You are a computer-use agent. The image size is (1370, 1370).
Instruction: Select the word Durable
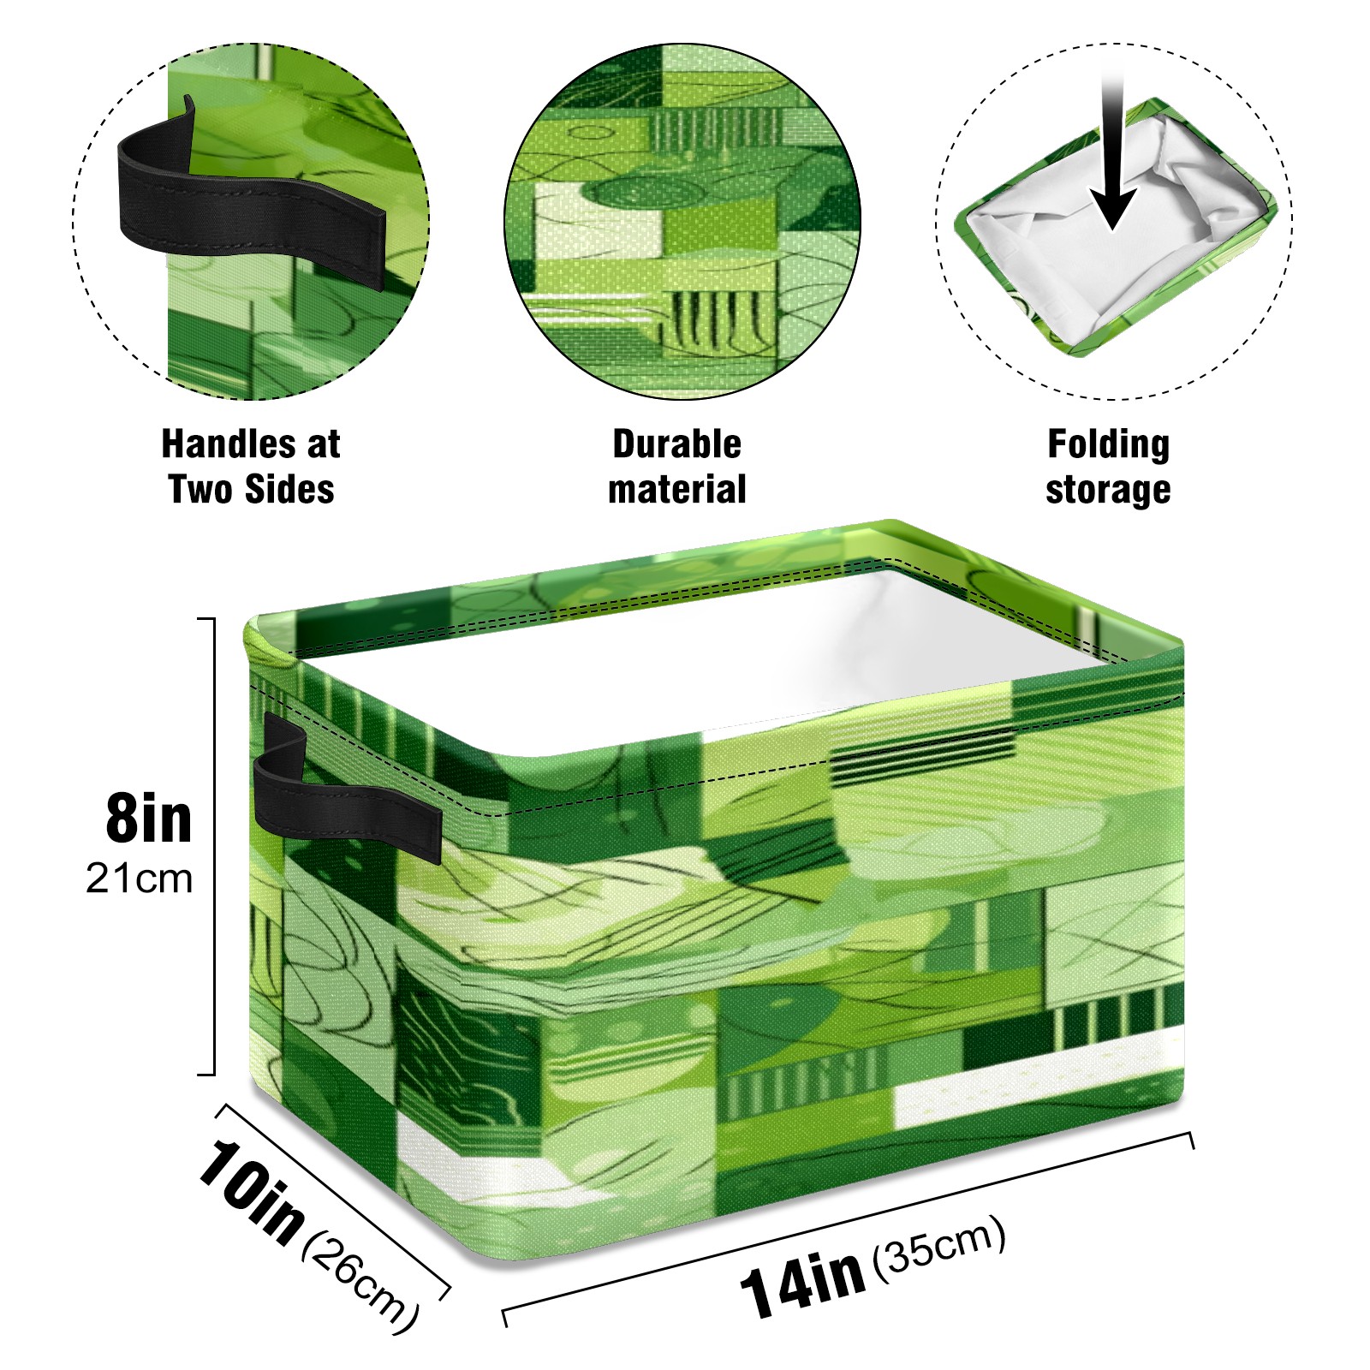point(676,444)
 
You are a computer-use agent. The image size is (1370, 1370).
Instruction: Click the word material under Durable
point(676,489)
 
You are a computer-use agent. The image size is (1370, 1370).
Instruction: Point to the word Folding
point(1109,445)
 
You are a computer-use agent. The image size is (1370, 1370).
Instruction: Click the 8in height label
point(148,819)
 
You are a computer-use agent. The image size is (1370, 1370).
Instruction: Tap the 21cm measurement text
point(139,879)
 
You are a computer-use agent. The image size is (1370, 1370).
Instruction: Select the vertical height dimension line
point(213,846)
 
